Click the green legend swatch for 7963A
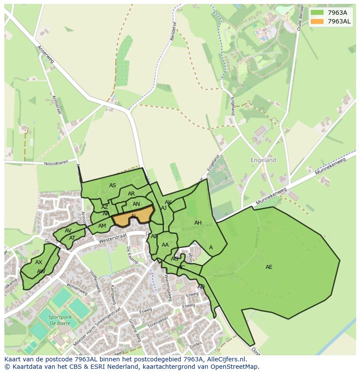click(317, 13)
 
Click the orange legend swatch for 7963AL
click(317, 21)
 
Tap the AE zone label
click(269, 267)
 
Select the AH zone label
click(198, 223)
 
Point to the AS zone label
click(113, 185)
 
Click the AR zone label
click(131, 194)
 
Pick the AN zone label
click(136, 204)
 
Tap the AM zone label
click(102, 226)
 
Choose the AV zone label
click(68, 231)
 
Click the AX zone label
click(39, 262)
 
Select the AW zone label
click(41, 271)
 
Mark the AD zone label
click(201, 287)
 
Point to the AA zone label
click(165, 245)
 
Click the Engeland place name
click(263, 160)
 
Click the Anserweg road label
click(45, 54)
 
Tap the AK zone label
click(168, 202)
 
